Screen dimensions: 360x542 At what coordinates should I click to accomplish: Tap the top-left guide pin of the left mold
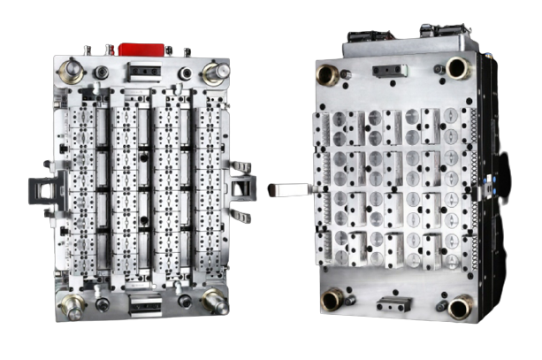71,71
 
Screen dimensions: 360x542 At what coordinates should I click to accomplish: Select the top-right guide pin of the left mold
214,72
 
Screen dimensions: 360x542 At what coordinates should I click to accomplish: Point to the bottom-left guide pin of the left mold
71,303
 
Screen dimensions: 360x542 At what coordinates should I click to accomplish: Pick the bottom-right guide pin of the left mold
214,301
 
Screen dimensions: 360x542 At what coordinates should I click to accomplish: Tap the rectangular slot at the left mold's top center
142,72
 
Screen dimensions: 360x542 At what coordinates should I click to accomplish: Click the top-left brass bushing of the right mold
328,73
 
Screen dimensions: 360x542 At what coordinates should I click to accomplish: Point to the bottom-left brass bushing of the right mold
332,299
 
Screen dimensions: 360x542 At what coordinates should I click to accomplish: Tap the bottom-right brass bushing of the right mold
460,306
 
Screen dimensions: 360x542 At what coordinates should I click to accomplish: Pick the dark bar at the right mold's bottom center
394,303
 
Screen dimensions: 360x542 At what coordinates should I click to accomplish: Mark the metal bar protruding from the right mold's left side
290,189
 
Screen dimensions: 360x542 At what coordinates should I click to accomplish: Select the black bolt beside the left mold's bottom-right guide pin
185,301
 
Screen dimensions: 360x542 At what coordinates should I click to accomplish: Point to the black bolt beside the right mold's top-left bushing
347,74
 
